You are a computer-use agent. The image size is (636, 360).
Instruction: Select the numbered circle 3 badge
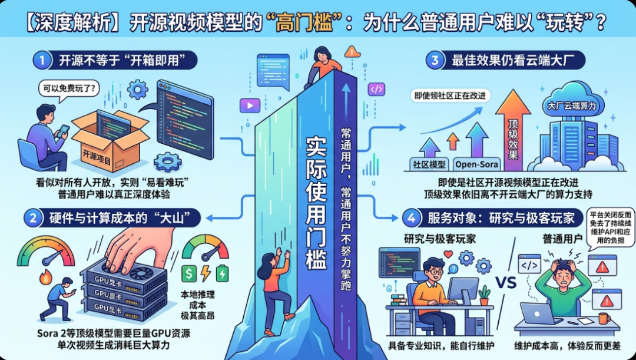435,60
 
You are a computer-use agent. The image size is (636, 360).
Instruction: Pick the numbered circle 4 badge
410,217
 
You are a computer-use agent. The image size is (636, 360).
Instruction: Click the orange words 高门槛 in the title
307,23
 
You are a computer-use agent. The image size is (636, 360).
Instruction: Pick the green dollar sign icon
190,273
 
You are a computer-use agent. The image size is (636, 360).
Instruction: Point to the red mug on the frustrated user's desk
603,318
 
